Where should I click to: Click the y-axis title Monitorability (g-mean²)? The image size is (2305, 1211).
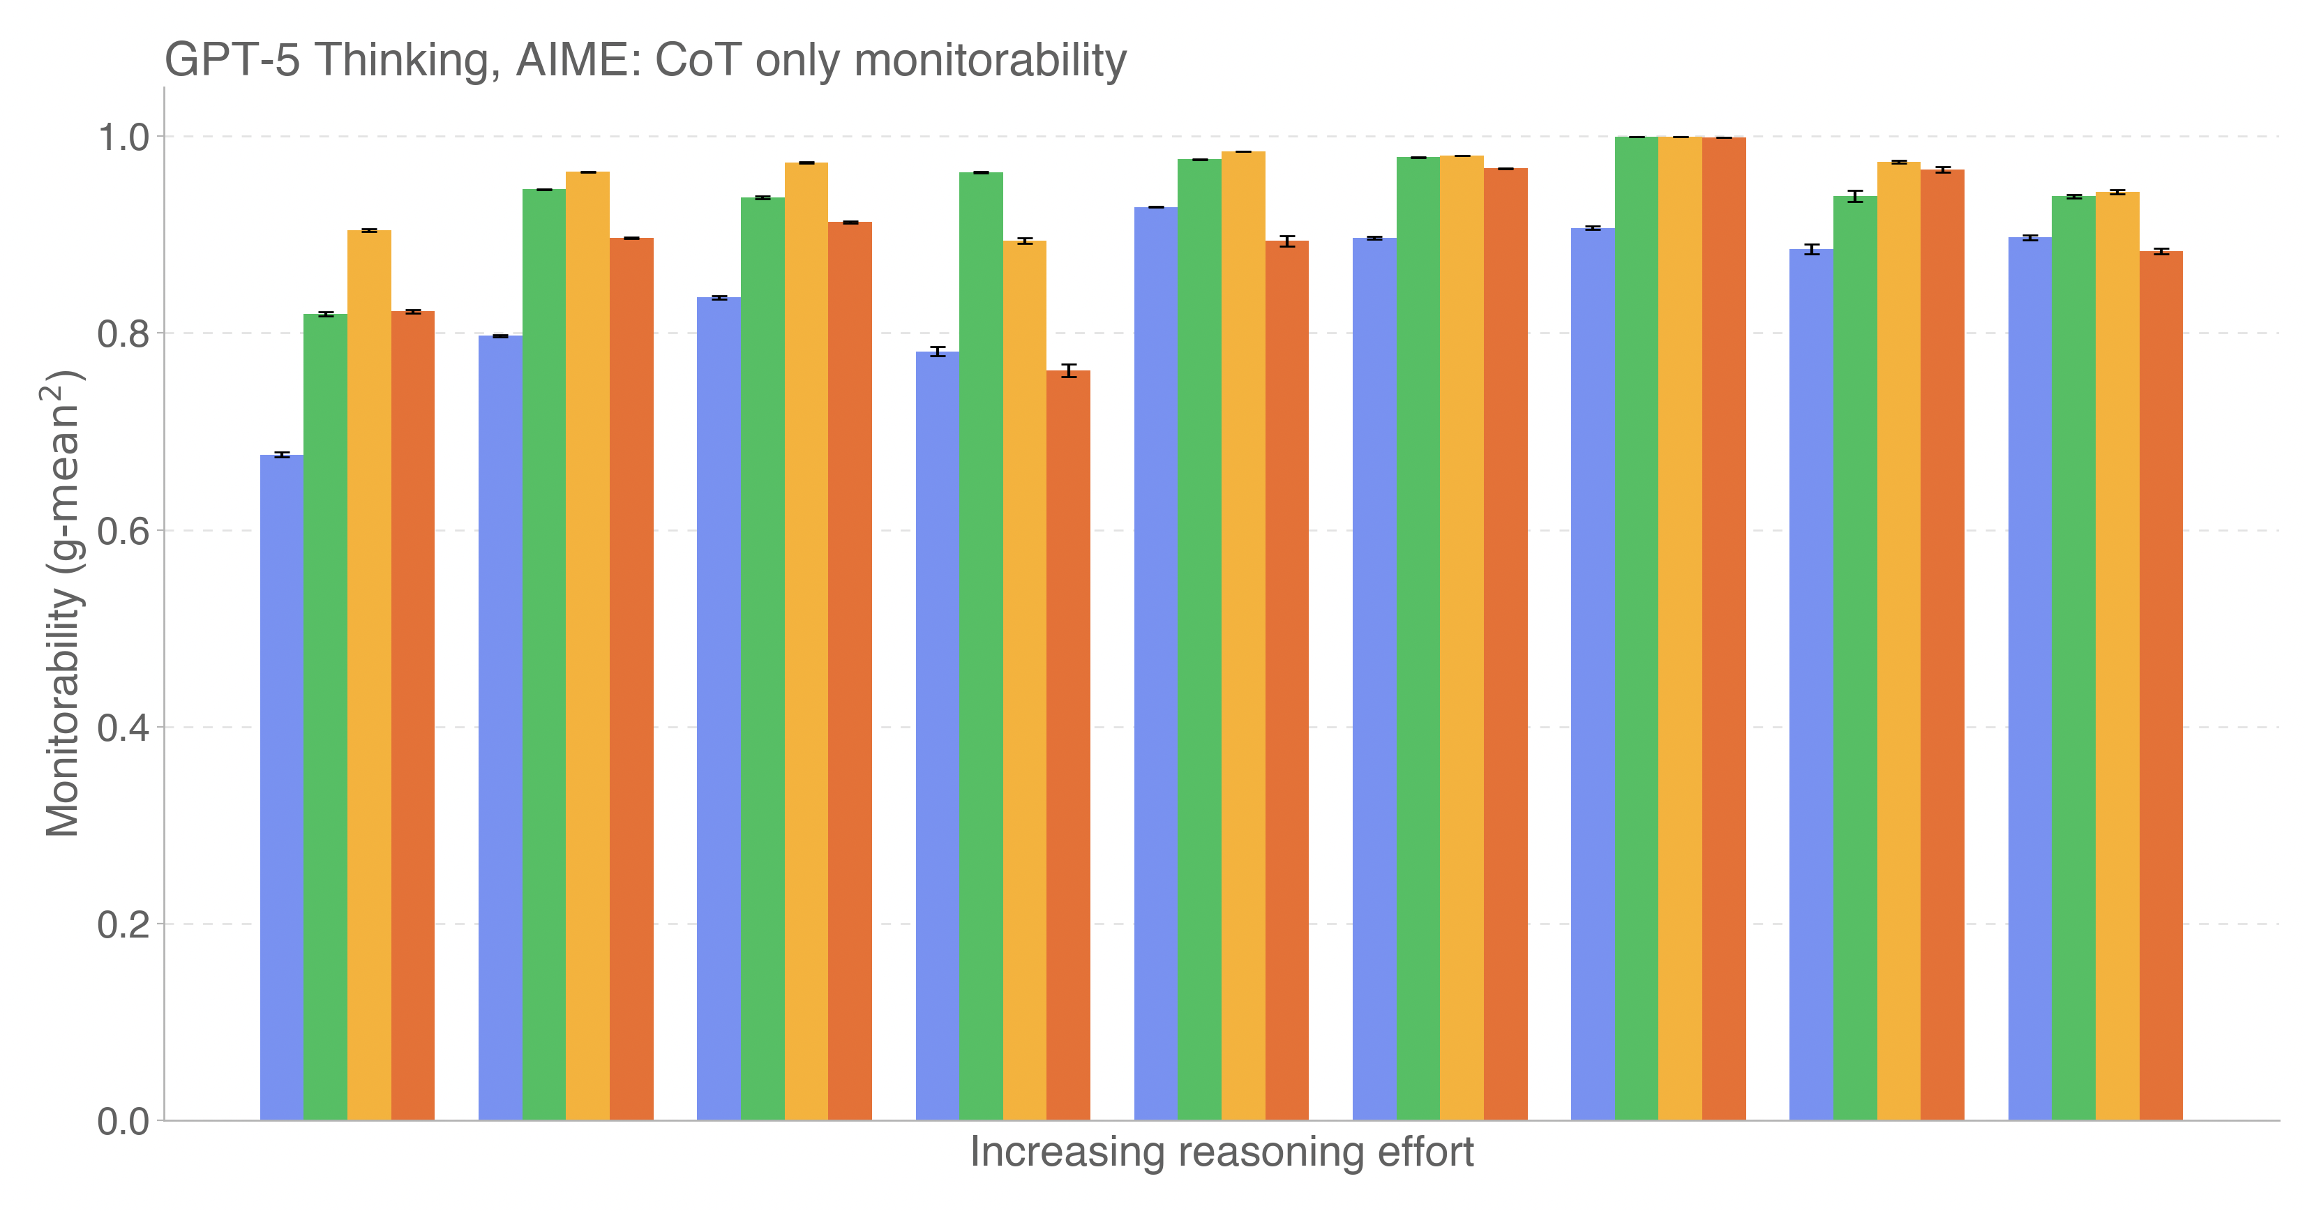(63, 604)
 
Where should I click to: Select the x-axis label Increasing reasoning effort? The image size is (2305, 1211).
(1222, 1152)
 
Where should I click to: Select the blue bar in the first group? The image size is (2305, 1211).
(282, 788)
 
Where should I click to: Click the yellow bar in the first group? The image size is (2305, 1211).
(368, 676)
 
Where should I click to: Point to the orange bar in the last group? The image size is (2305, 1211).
(2161, 686)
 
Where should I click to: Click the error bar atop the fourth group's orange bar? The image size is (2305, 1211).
(1068, 370)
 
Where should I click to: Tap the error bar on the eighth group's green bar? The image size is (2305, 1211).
(1855, 197)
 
